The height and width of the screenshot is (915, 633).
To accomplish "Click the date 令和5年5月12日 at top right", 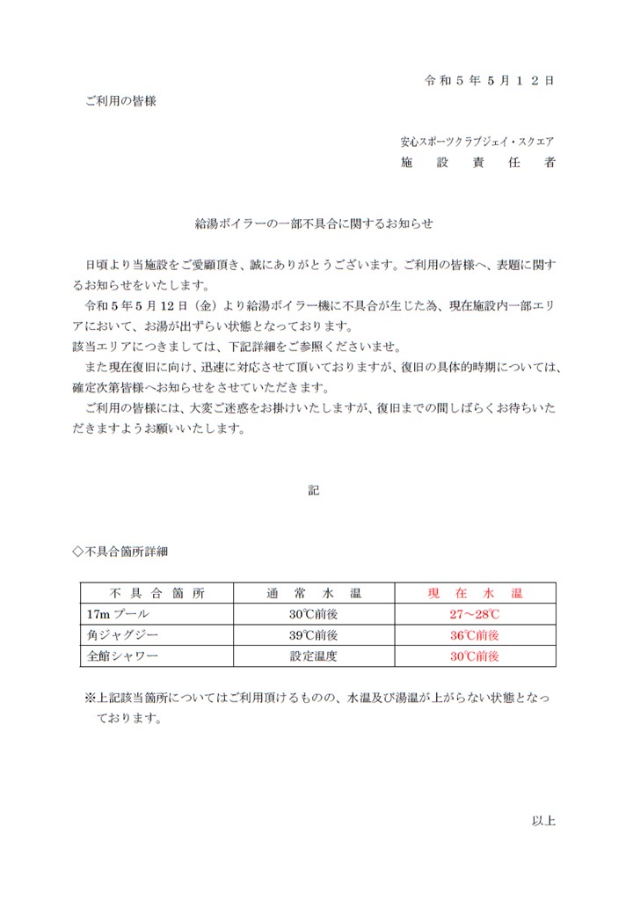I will click(489, 80).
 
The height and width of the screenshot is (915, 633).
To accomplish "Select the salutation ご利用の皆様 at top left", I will click(120, 101).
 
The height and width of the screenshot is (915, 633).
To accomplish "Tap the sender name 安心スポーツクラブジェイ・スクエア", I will click(477, 141).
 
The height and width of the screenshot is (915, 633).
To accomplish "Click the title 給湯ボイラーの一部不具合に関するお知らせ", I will click(314, 224).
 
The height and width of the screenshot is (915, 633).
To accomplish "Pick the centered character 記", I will click(314, 490).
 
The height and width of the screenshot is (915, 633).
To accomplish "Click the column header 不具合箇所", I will click(157, 593).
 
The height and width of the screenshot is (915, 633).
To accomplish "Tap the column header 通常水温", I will click(314, 593).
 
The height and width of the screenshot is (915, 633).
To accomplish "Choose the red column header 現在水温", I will click(475, 593).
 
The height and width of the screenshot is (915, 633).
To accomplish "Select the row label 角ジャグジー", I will click(116, 634).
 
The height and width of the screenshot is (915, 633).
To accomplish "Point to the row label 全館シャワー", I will click(116, 655).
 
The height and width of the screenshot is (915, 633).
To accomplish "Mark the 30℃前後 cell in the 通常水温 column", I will click(314, 613).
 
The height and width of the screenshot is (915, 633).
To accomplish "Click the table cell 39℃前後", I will click(314, 634).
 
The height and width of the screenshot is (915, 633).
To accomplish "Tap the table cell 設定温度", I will click(314, 655).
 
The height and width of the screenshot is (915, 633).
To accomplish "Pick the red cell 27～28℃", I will click(475, 613).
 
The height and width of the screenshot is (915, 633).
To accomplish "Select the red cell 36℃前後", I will click(475, 634).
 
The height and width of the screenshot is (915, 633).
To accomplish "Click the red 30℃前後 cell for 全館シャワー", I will click(475, 655).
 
